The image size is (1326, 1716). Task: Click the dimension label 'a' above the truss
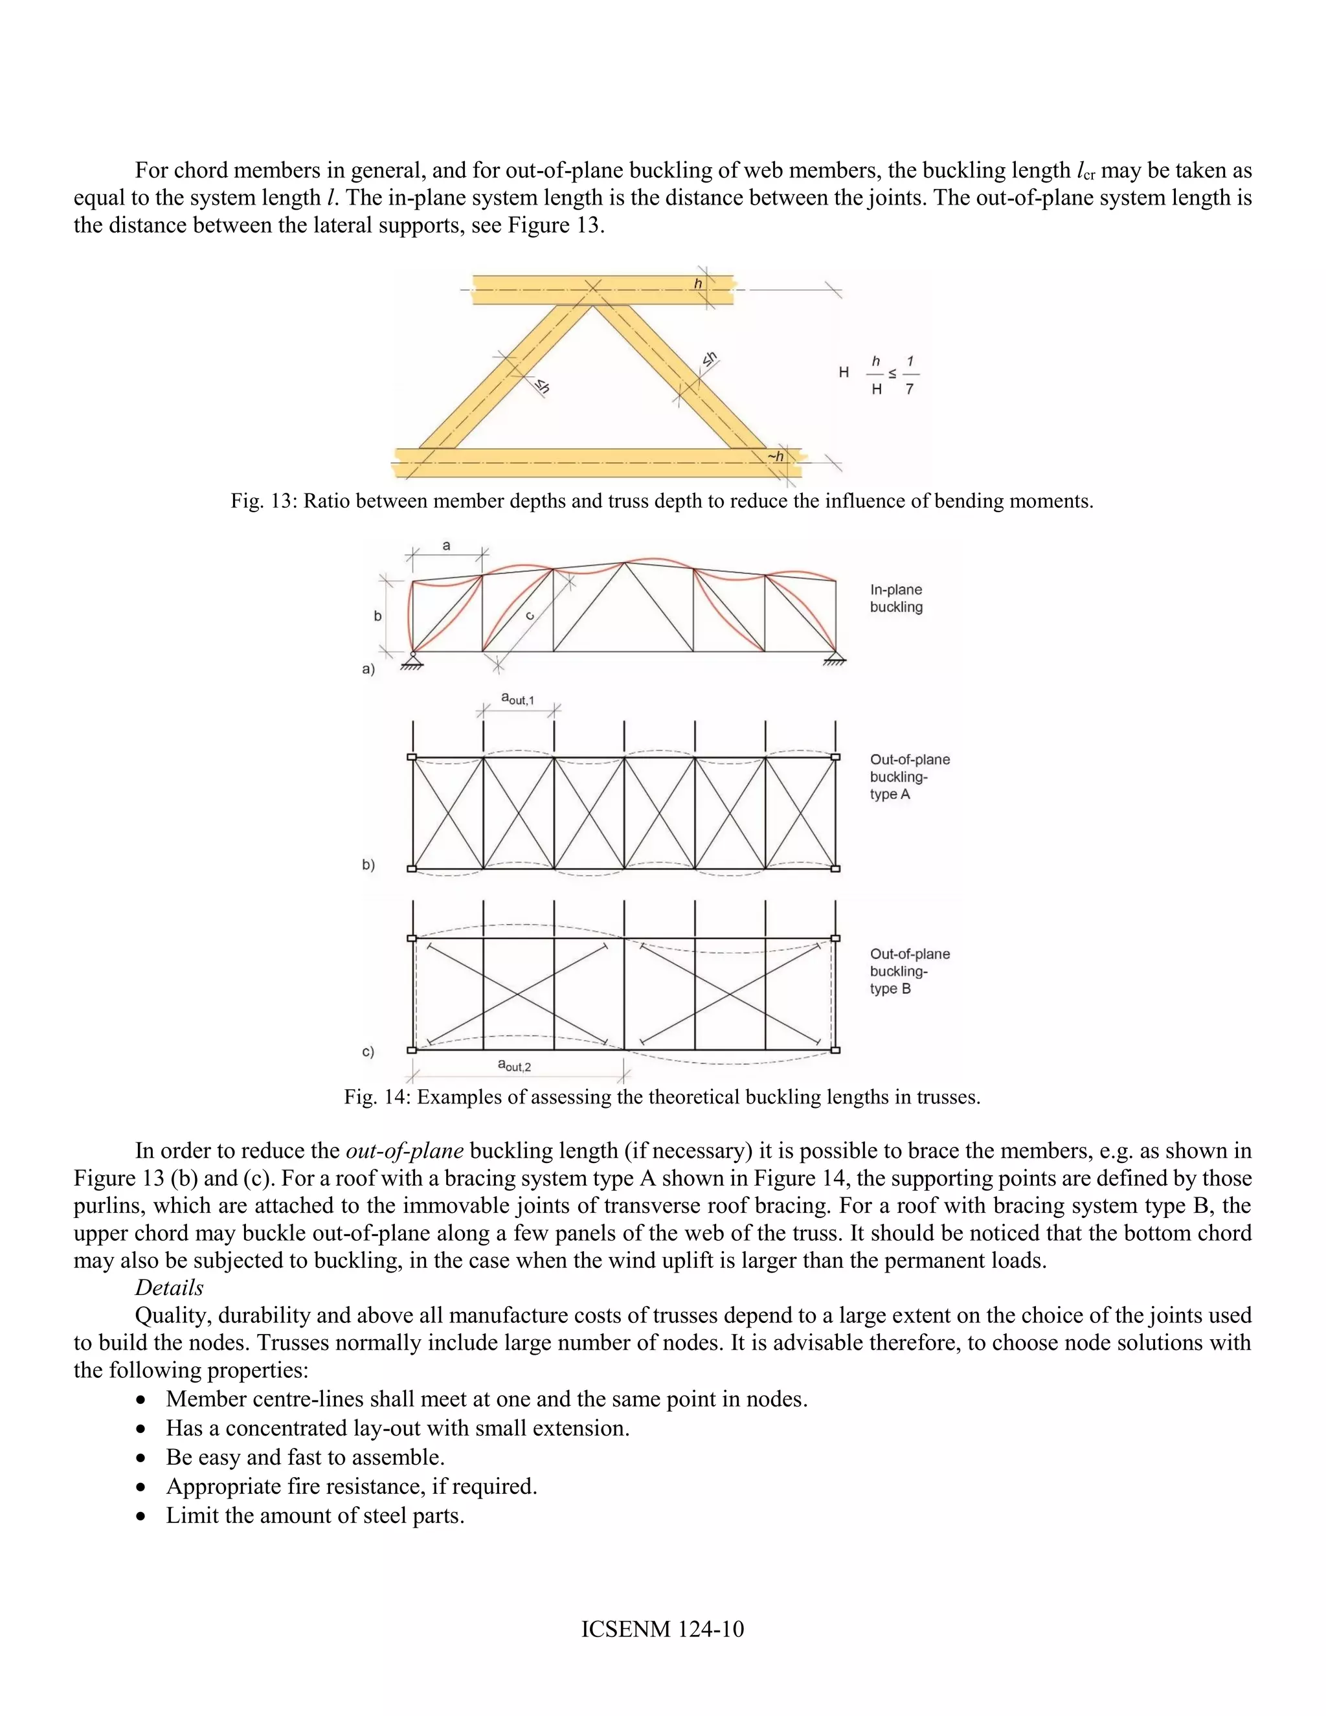click(x=446, y=546)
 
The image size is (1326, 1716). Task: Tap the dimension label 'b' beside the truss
click(x=378, y=616)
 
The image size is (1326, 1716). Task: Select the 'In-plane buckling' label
click(x=895, y=598)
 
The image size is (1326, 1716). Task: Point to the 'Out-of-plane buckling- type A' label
click(x=909, y=776)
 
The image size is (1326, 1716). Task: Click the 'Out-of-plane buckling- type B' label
click(x=909, y=971)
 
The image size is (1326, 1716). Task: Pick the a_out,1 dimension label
click(x=518, y=697)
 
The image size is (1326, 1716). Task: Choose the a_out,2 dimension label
click(x=515, y=1065)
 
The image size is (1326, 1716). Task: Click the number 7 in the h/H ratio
click(x=909, y=389)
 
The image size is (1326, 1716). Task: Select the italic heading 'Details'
click(x=169, y=1288)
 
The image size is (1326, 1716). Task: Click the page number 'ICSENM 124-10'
click(x=662, y=1629)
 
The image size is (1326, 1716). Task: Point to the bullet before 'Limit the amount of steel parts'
click(x=140, y=1517)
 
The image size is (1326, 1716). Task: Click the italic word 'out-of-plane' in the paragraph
click(x=404, y=1151)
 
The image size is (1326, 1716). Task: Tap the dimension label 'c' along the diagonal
click(x=530, y=616)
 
